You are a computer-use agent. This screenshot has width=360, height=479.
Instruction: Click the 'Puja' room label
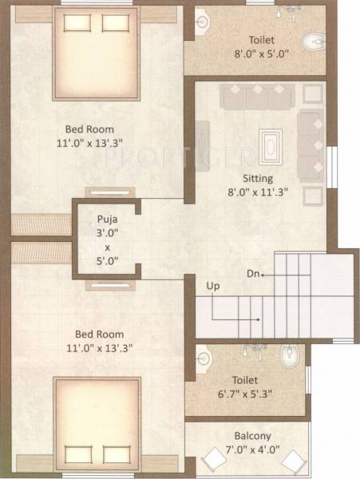pos(106,218)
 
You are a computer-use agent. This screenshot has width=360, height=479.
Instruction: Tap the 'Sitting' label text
pos(259,178)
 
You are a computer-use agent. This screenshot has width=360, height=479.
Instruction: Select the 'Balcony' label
pos(252,436)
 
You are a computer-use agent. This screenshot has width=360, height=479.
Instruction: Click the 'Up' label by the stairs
pos(213,286)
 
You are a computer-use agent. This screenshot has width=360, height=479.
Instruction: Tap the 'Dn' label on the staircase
pos(252,274)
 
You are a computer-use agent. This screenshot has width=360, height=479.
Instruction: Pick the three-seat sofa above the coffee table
pos(258,97)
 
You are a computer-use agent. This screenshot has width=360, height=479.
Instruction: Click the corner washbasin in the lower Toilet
pos(202,357)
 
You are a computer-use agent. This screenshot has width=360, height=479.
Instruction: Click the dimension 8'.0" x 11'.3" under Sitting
pos(259,192)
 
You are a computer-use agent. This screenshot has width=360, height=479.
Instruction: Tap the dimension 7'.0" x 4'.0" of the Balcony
pos(253,449)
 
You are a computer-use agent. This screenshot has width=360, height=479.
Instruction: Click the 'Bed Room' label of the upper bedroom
pos(89,129)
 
